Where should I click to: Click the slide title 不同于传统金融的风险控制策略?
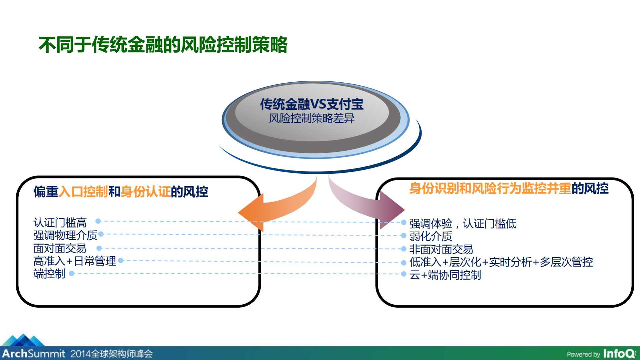[163, 45]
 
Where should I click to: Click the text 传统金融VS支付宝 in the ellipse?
[311, 104]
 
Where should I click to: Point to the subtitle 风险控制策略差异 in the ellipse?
[311, 118]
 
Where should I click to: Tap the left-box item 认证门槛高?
[60, 223]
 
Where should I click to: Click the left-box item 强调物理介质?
[65, 235]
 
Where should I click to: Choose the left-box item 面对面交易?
[60, 248]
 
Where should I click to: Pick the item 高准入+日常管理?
[75, 261]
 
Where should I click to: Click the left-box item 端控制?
[49, 274]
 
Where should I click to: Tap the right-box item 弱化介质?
[431, 236]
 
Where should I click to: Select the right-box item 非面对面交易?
[441, 249]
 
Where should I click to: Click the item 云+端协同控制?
[445, 275]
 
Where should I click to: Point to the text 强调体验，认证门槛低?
[463, 224]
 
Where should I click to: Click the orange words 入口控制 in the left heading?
[83, 192]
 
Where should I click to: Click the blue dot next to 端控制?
[71, 274]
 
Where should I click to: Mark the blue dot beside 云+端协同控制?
[404, 274]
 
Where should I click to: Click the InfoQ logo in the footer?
[619, 353]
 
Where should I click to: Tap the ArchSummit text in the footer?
[34, 353]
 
